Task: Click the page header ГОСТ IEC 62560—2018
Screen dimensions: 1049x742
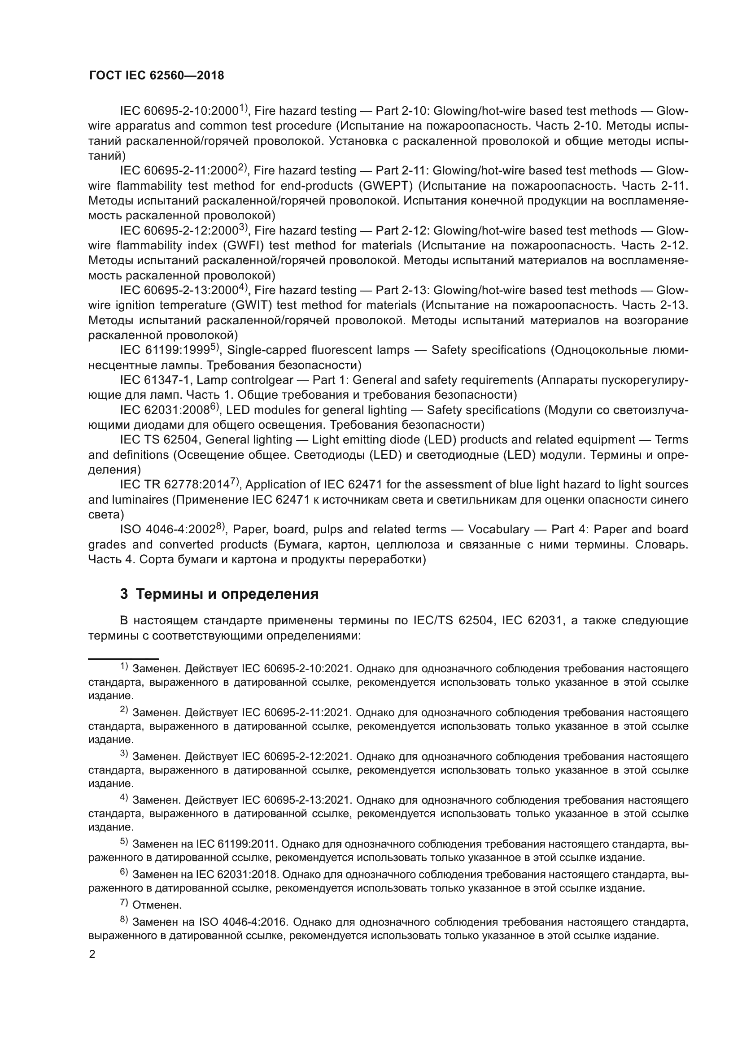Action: pyautogui.click(x=157, y=76)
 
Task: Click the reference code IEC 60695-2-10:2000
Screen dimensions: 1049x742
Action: pyautogui.click(x=179, y=111)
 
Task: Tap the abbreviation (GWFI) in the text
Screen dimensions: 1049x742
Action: pyautogui.click(x=244, y=246)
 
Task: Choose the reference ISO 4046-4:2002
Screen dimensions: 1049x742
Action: pyautogui.click(x=168, y=530)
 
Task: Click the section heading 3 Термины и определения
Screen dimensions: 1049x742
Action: pyautogui.click(x=219, y=594)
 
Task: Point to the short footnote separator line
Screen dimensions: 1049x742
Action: pyautogui.click(x=123, y=659)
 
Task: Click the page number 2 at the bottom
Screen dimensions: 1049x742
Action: pyautogui.click(x=92, y=955)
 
